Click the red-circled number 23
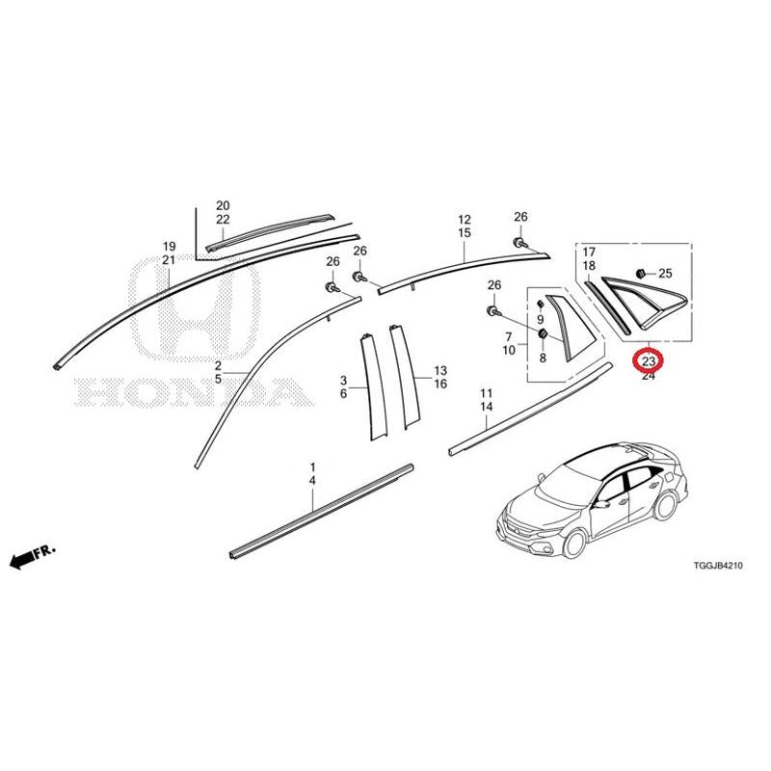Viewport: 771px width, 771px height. coord(649,361)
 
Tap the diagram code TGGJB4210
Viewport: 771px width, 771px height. coord(718,566)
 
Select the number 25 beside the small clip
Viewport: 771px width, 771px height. coord(665,274)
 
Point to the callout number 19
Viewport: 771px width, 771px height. coord(170,247)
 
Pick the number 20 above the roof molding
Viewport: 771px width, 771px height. coord(223,205)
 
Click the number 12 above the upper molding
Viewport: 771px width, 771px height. coord(465,220)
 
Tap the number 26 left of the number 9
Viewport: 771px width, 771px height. coord(494,284)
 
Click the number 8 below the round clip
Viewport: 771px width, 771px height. coord(543,358)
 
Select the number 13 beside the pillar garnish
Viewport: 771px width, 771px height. coord(440,370)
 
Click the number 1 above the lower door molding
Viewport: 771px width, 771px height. coord(312,466)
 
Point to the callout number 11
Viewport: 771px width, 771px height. coord(487,393)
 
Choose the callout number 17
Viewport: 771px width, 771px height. coord(589,253)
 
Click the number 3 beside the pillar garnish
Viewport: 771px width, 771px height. coord(344,380)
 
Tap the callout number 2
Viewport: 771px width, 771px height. coord(218,365)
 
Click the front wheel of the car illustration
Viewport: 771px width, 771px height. coord(574,542)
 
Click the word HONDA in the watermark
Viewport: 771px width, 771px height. coord(194,392)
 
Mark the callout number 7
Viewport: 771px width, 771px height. coord(509,336)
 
